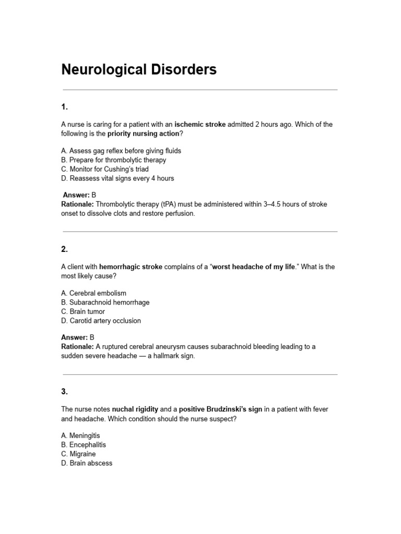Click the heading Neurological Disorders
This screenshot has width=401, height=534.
(139, 69)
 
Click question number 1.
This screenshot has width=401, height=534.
(65, 107)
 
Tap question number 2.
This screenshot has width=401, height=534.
(65, 249)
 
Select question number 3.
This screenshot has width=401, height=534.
(65, 392)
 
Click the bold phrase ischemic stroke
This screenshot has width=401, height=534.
(200, 125)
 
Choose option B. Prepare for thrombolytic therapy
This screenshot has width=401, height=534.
(113, 160)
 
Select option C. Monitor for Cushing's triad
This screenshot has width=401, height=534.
(105, 169)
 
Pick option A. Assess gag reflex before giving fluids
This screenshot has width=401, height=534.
(121, 151)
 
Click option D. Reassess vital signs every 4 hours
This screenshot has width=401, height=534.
(117, 178)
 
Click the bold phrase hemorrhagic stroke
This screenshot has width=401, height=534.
(131, 267)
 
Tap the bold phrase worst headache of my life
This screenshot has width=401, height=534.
(254, 267)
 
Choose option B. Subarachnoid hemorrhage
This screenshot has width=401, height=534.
(105, 302)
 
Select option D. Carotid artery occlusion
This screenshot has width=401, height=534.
(101, 321)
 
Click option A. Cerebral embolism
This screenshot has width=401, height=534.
(93, 293)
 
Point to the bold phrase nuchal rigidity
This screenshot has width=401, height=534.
(135, 409)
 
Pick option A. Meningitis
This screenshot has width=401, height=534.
(80, 435)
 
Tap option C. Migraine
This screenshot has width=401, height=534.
(78, 454)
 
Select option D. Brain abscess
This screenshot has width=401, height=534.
(87, 463)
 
